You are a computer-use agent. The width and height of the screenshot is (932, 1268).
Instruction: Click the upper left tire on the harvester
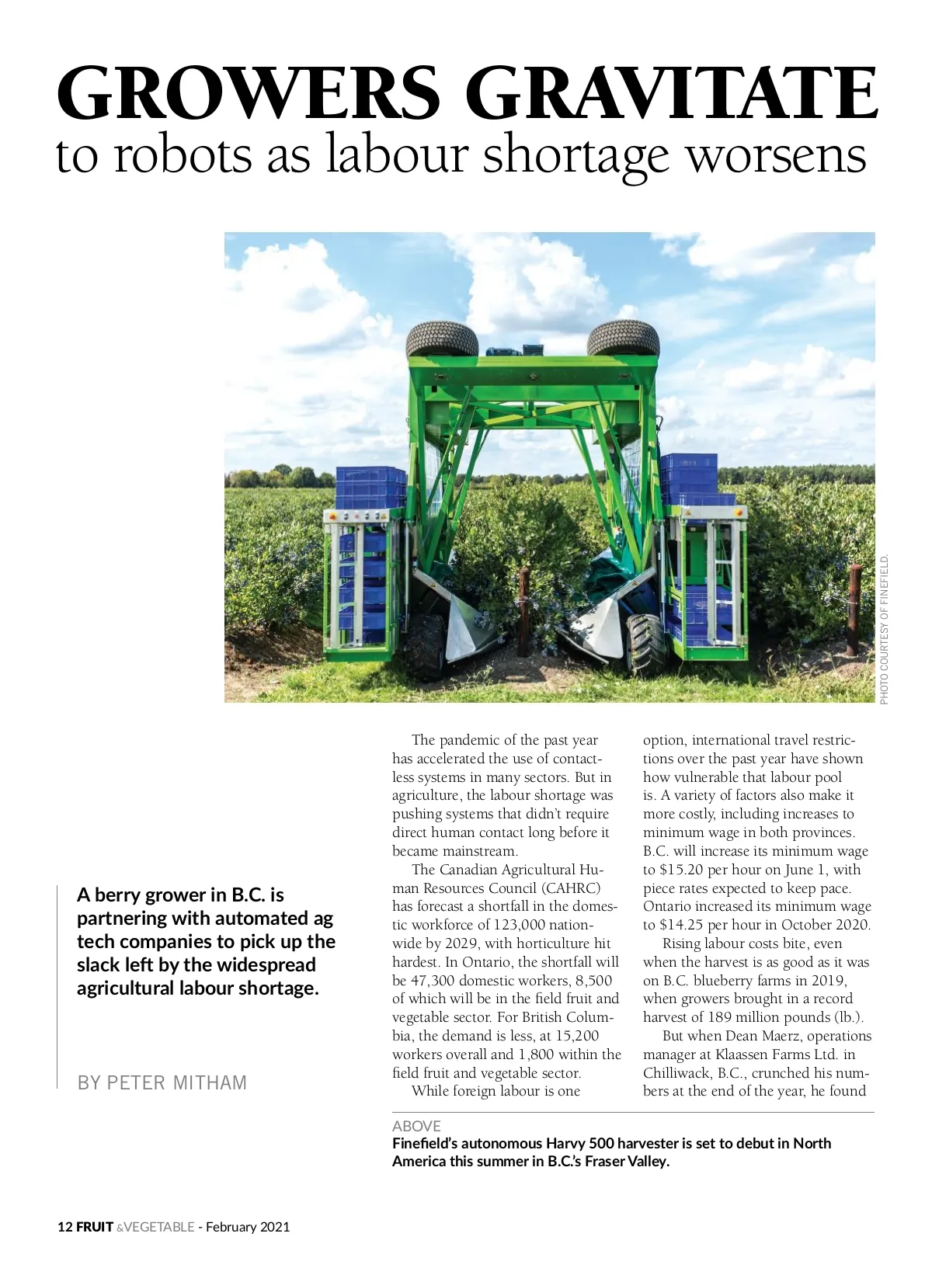point(436,339)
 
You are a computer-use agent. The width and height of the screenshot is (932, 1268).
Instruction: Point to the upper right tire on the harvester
point(623,339)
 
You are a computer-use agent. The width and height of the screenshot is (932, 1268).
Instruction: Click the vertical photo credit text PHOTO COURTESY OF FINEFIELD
point(885,629)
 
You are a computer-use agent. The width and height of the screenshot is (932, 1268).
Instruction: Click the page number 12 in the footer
point(64,1227)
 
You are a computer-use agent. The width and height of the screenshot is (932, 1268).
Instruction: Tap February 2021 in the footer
point(248,1227)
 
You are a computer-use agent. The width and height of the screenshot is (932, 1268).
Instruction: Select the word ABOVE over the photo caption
point(416,1126)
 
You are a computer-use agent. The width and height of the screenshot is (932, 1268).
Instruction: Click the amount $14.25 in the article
point(681,925)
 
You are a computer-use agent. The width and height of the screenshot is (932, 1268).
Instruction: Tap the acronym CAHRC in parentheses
point(571,888)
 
